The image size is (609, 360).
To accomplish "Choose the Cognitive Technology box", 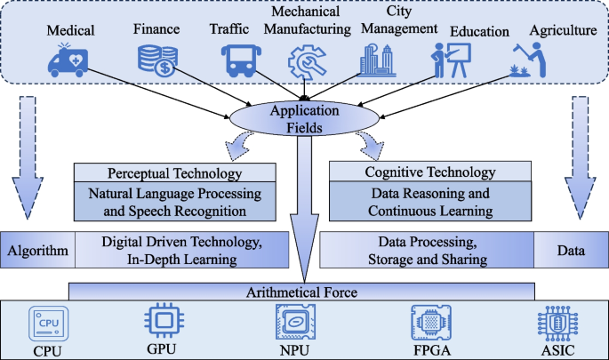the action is [430, 172].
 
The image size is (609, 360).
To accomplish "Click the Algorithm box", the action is [37, 250].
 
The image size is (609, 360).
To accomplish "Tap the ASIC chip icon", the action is [558, 320].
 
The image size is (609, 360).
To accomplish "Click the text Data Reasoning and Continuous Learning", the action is [430, 204].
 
